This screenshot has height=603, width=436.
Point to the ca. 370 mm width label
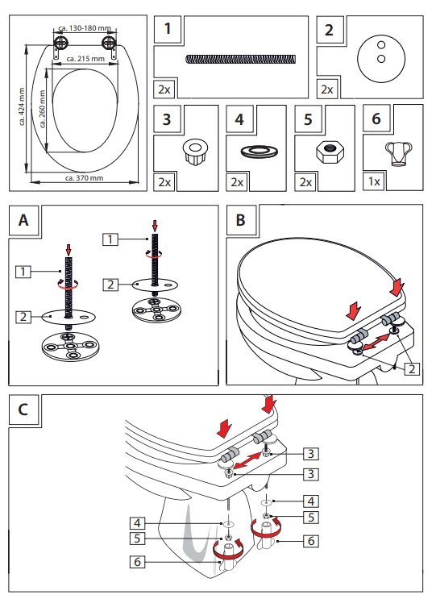[x=84, y=177]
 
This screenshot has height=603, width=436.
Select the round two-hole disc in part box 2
[x=378, y=52]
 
